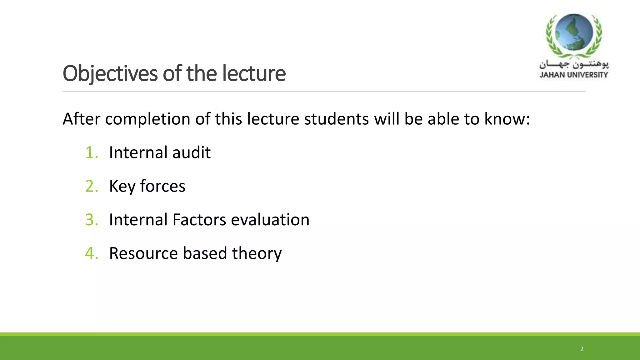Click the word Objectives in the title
tap(110, 74)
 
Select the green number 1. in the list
tap(92, 153)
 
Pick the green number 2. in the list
tap(92, 186)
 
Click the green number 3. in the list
tap(92, 220)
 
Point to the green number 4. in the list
tap(92, 253)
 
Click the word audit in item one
tap(191, 153)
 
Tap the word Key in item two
tap(122, 187)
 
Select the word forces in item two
tap(162, 186)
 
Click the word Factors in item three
tap(199, 220)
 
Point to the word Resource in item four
tap(143, 253)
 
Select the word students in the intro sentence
tap(336, 119)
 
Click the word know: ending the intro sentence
tap(507, 119)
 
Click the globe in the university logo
tap(574, 32)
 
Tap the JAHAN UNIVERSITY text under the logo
tap(573, 75)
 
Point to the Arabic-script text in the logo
tap(574, 65)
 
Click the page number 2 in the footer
tap(582, 349)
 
